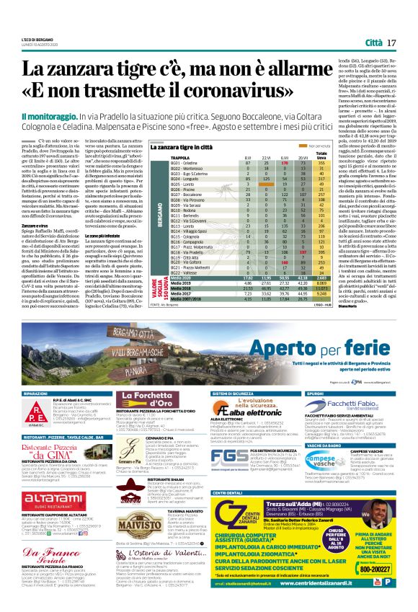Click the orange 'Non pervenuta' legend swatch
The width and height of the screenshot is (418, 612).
[x=309, y=146]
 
